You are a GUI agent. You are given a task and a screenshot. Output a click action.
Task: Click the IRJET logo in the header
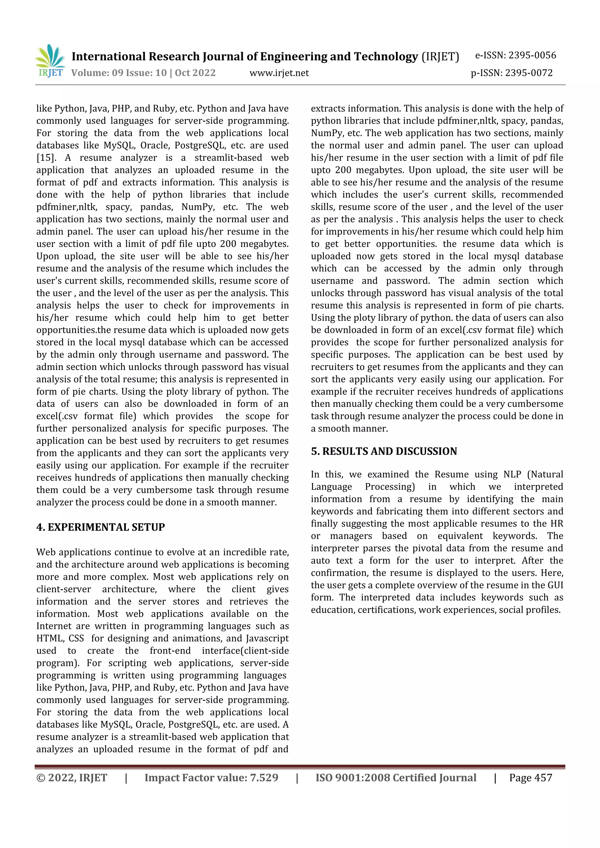(x=50, y=61)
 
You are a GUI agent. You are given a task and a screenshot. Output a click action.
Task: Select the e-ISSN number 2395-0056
(x=532, y=55)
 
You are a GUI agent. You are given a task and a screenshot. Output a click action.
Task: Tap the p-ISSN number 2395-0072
(x=529, y=73)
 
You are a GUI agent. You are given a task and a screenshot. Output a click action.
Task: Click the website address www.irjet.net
(x=279, y=73)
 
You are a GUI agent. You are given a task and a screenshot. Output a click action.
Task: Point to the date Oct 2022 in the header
(x=195, y=73)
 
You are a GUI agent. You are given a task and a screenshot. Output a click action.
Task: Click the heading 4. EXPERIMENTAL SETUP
(x=100, y=527)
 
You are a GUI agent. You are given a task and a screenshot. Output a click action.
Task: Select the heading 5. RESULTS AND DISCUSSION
(x=384, y=451)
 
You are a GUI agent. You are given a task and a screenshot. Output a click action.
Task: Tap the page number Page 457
(x=531, y=777)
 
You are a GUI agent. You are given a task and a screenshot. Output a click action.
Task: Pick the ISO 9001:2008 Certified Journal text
(x=396, y=777)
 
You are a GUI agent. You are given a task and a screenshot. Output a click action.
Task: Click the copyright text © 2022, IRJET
(x=72, y=777)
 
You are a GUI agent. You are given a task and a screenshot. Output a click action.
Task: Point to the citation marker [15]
(x=46, y=158)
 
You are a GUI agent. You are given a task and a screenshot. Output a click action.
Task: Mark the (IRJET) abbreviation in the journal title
(x=440, y=56)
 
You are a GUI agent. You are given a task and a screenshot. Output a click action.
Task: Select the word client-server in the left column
(x=64, y=589)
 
